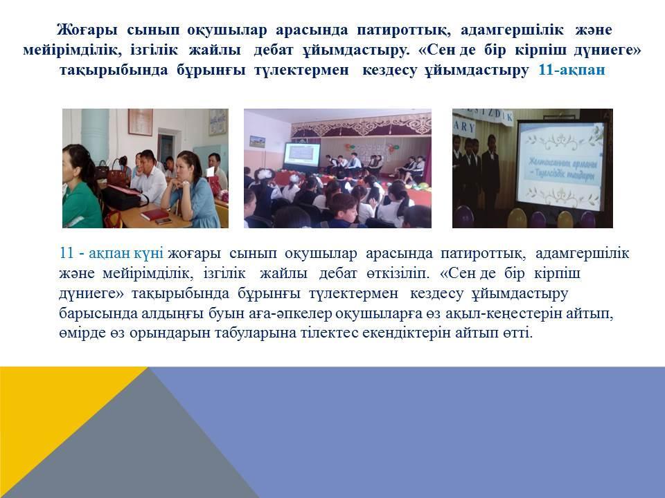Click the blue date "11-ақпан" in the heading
point(571,69)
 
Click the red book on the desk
point(154,214)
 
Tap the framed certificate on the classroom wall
point(141,122)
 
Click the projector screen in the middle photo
point(301,158)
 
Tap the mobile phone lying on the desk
point(163,221)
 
